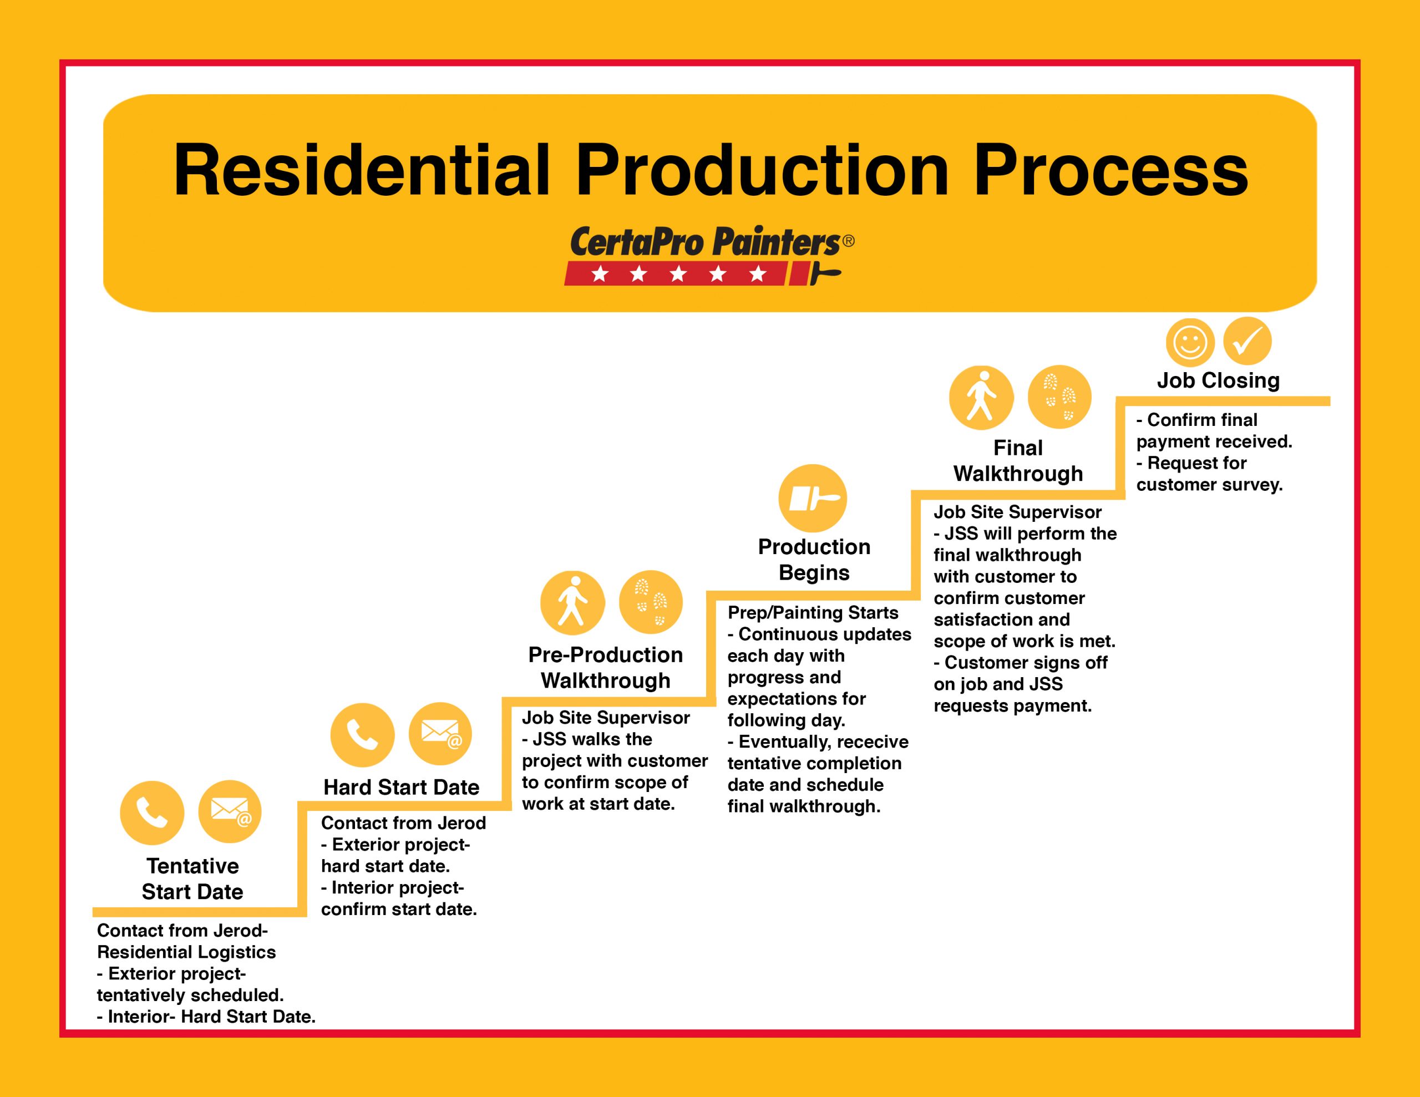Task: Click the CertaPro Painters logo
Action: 709,256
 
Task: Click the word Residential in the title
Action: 362,170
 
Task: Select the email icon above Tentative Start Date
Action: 230,812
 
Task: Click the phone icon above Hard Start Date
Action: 362,735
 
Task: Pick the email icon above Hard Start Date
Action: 440,734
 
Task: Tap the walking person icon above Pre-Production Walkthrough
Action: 572,603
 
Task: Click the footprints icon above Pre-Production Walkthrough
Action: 651,603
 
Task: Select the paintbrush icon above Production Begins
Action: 813,499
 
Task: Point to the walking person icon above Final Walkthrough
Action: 981,397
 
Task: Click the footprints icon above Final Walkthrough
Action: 1059,397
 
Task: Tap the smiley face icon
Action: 1190,342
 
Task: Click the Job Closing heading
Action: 1218,380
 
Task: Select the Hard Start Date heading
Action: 401,788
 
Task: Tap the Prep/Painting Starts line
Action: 813,612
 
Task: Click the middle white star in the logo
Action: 678,275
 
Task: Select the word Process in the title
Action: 1110,170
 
